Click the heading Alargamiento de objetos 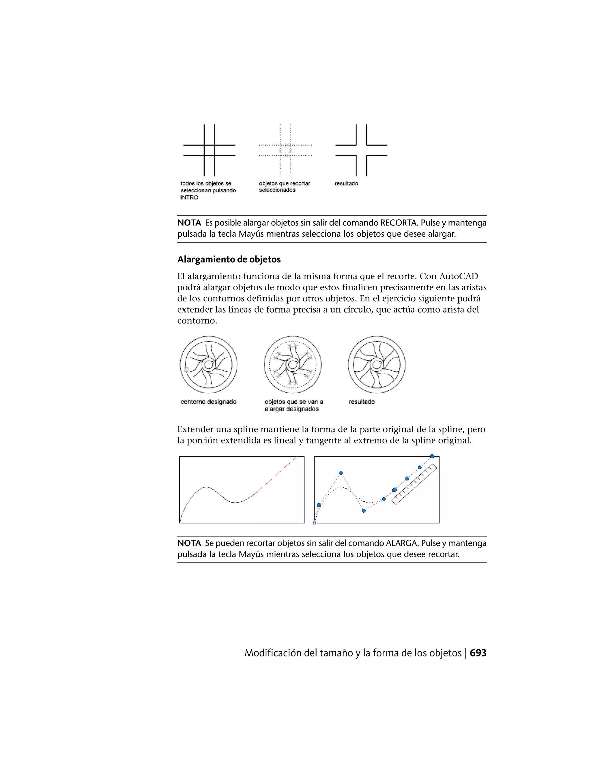click(x=229, y=259)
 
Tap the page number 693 click(x=478, y=653)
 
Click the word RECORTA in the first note click(x=399, y=223)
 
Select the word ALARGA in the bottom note click(x=402, y=543)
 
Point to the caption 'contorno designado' click(x=208, y=402)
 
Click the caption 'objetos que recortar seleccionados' click(x=284, y=187)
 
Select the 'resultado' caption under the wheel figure click(x=361, y=402)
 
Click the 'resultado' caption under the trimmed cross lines click(x=346, y=184)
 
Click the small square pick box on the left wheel click(x=186, y=369)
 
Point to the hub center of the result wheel click(x=377, y=365)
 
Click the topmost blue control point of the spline click(x=432, y=456)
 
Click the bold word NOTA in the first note click(x=189, y=223)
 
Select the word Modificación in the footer click(x=273, y=653)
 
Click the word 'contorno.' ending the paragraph click(x=197, y=321)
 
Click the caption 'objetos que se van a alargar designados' click(x=293, y=405)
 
